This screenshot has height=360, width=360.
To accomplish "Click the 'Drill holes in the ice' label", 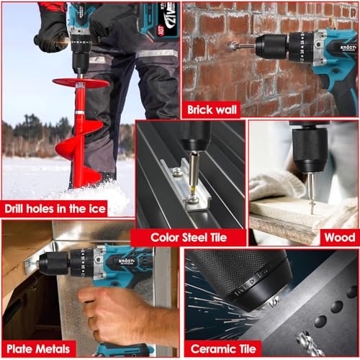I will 55,208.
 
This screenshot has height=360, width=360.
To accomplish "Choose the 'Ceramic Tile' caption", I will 222,348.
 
